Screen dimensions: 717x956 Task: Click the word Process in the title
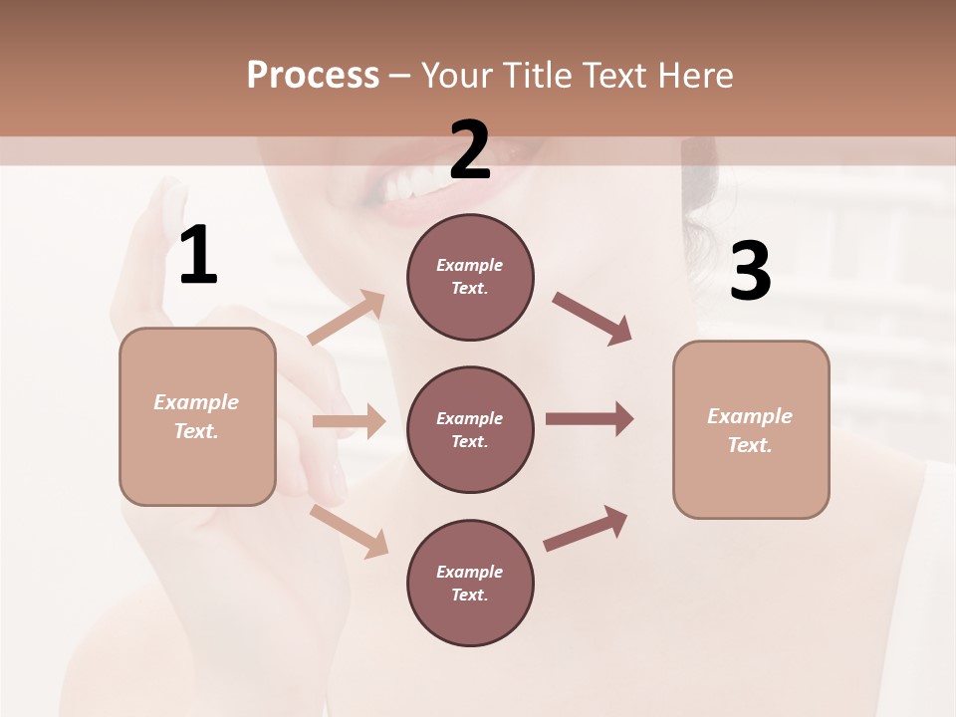pyautogui.click(x=313, y=76)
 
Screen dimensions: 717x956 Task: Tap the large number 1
pyautogui.click(x=198, y=256)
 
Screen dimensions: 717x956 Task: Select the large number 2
pyautogui.click(x=469, y=149)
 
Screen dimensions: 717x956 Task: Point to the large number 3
pyautogui.click(x=750, y=271)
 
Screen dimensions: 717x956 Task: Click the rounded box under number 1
pyautogui.click(x=197, y=416)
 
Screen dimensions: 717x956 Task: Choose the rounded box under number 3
pyautogui.click(x=751, y=430)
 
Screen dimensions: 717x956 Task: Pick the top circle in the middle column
pyautogui.click(x=470, y=277)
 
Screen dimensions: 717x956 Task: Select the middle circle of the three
pyautogui.click(x=470, y=430)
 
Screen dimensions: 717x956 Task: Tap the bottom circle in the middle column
pyautogui.click(x=470, y=584)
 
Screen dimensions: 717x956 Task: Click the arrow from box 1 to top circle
pyautogui.click(x=347, y=317)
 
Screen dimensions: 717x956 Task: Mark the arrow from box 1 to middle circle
pyautogui.click(x=349, y=421)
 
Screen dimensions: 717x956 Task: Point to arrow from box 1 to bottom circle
pyautogui.click(x=349, y=531)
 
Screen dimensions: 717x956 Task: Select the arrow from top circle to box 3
pyautogui.click(x=592, y=319)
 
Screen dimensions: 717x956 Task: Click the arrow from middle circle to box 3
pyautogui.click(x=590, y=419)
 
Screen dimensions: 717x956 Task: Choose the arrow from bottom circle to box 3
pyautogui.click(x=586, y=529)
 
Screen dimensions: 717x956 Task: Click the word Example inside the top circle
pyautogui.click(x=469, y=265)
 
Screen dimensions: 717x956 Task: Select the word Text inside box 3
pyautogui.click(x=749, y=445)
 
